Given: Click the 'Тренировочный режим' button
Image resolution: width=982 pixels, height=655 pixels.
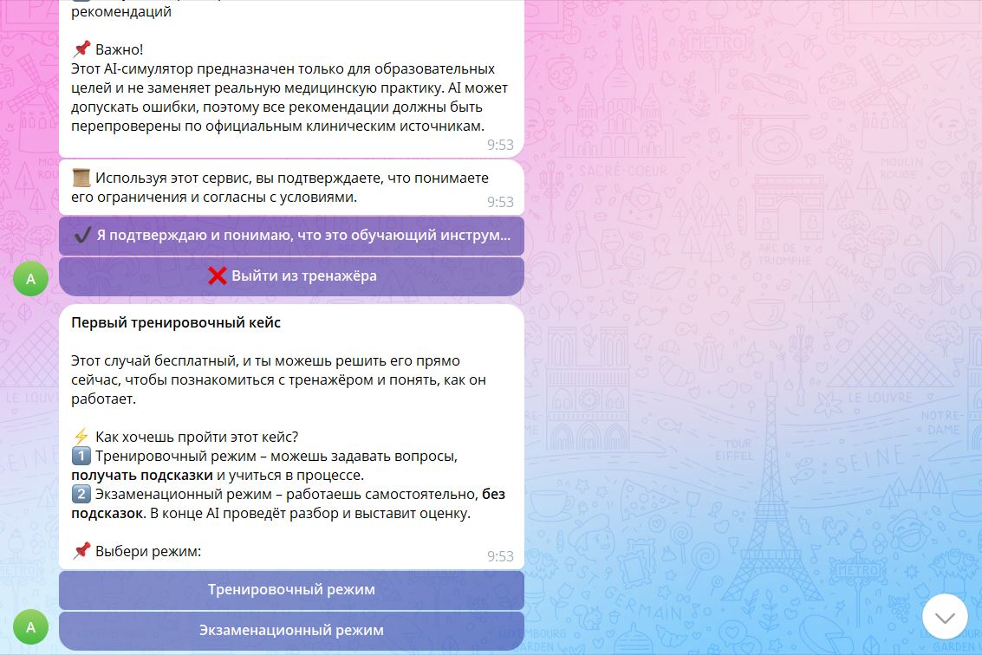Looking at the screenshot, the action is coord(291,590).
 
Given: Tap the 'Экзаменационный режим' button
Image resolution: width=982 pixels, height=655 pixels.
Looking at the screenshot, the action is coord(291,631).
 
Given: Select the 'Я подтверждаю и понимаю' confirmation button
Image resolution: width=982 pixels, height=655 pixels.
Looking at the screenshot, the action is coord(291,236).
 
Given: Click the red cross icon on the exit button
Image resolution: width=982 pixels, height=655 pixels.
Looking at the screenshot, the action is coord(217,276).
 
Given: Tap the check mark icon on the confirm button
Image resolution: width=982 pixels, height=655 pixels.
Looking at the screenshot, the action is coord(82,236).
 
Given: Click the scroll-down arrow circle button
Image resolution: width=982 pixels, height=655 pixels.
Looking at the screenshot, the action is coord(945,617).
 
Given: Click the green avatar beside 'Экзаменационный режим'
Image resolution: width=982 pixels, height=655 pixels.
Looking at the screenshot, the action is coord(30,626).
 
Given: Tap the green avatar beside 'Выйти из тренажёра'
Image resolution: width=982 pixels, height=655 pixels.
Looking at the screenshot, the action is coord(30,279).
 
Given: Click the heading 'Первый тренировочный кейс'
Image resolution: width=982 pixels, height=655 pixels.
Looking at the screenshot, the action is coord(176,322).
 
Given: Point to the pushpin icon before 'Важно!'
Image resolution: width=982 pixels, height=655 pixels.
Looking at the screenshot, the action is coord(81,49).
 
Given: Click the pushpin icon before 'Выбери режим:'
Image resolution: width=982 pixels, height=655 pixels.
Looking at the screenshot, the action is coord(81,551).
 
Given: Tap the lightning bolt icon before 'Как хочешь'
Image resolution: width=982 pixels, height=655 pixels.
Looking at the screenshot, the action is coord(81,437).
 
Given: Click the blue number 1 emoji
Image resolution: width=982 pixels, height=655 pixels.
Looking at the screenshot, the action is coord(81,456).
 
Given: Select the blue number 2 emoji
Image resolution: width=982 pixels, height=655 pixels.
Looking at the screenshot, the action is coord(81,494).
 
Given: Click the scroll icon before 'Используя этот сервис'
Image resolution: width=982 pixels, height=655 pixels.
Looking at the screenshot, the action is coord(81,178).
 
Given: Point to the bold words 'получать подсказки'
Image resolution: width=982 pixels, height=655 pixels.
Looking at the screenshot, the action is coord(142,476).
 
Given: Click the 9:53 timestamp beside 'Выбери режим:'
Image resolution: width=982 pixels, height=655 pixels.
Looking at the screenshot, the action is coord(500,556).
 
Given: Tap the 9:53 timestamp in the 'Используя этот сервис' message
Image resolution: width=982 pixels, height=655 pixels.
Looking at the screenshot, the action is coord(500,202).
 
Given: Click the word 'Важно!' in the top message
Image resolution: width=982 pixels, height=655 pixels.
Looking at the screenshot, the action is coord(119,49).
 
